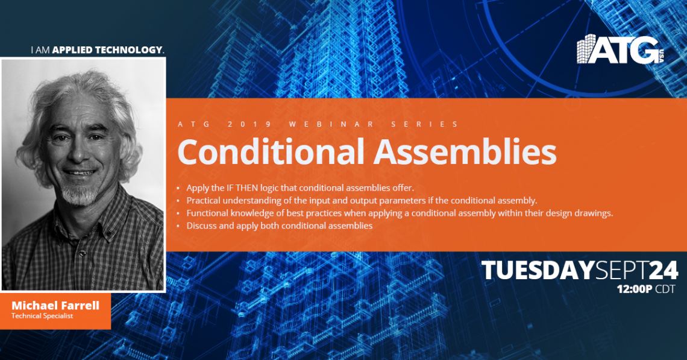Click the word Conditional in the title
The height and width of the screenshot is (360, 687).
point(271,151)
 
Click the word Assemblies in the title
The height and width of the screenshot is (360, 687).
point(465,151)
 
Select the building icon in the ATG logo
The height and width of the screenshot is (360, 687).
point(586,49)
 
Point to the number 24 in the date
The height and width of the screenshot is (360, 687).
point(663,270)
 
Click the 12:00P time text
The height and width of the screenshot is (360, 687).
point(635,289)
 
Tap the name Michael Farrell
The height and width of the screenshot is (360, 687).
point(55,305)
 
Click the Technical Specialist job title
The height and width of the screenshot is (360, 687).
point(42,316)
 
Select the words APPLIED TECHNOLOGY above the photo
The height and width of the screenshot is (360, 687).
point(107,50)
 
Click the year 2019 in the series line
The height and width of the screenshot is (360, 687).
point(249,124)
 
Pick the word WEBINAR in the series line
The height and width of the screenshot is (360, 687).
point(331,124)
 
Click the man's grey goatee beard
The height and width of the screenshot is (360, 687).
point(79,194)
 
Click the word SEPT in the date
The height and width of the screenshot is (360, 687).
point(622,270)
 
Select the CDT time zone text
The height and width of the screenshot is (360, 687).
point(665,289)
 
